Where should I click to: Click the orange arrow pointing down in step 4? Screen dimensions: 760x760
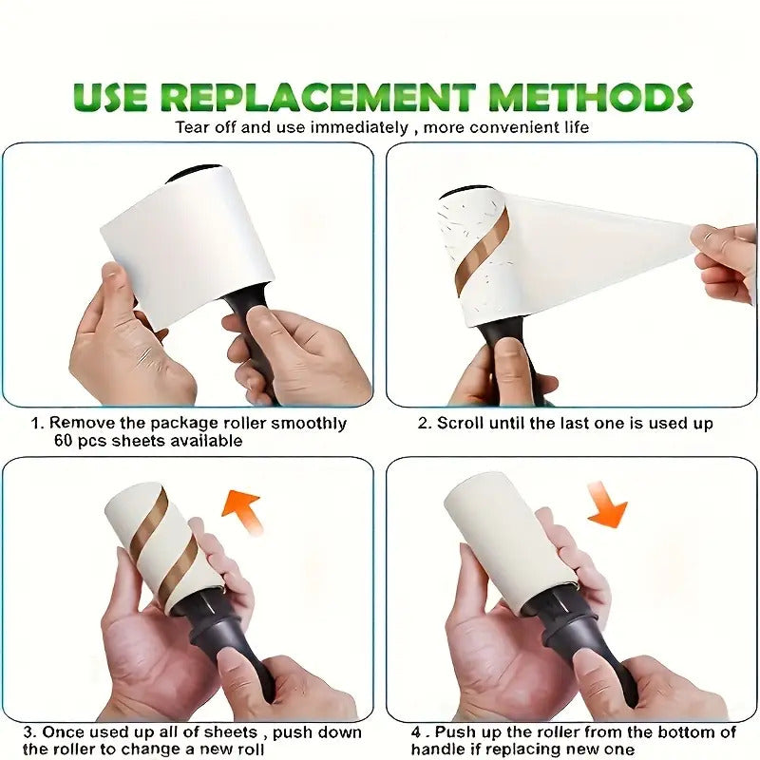tap(607, 503)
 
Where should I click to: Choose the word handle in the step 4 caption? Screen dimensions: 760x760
tap(433, 750)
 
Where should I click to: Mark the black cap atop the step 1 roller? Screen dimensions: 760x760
tap(194, 173)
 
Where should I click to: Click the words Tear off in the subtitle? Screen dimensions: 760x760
tap(207, 127)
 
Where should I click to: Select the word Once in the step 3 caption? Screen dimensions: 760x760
tap(65, 731)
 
